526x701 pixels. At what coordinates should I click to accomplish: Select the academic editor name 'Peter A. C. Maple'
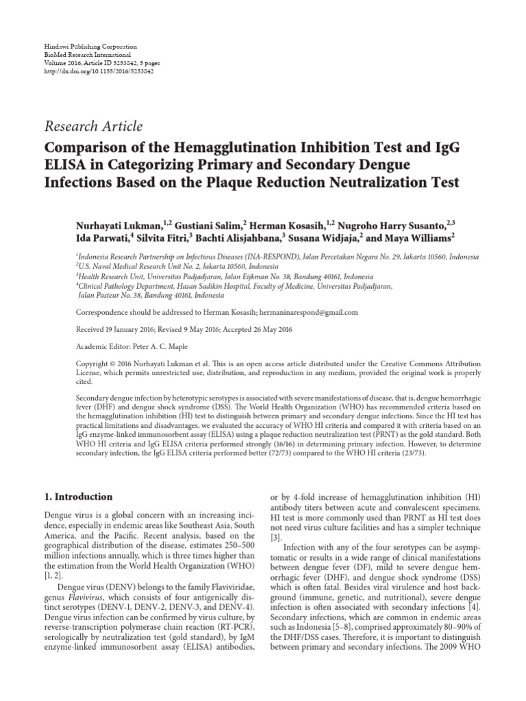coord(162,346)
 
